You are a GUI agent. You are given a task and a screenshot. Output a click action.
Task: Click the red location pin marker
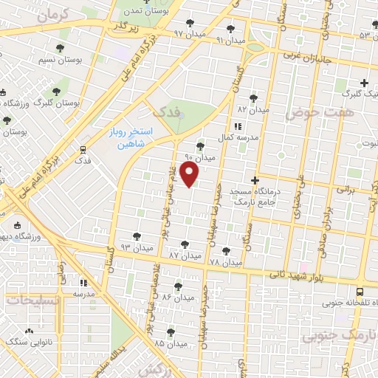190,175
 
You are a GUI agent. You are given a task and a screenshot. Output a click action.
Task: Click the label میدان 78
225,261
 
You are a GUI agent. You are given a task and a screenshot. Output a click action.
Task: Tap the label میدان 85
170,343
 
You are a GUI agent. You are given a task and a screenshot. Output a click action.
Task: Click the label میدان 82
252,109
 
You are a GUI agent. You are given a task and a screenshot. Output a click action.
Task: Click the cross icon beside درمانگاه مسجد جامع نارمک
255,180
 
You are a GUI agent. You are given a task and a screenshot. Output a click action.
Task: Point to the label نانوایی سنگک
27,342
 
